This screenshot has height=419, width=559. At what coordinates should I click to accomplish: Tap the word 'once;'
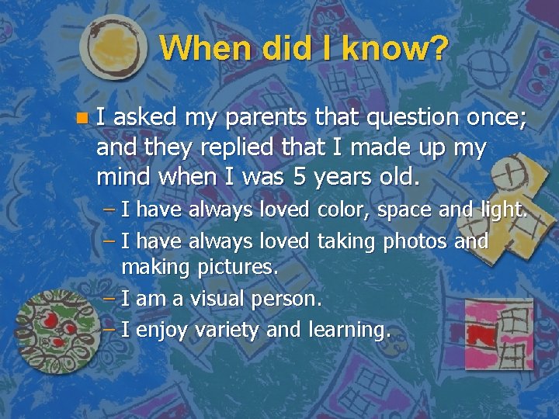point(497,118)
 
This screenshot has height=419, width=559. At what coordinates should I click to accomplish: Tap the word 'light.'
point(502,209)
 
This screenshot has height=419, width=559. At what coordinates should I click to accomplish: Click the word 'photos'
point(411,241)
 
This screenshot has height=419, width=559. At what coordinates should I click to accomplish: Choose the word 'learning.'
point(349,330)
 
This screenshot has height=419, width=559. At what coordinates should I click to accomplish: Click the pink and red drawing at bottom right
point(497,334)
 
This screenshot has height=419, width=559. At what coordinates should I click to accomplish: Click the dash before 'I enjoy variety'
point(109,330)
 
